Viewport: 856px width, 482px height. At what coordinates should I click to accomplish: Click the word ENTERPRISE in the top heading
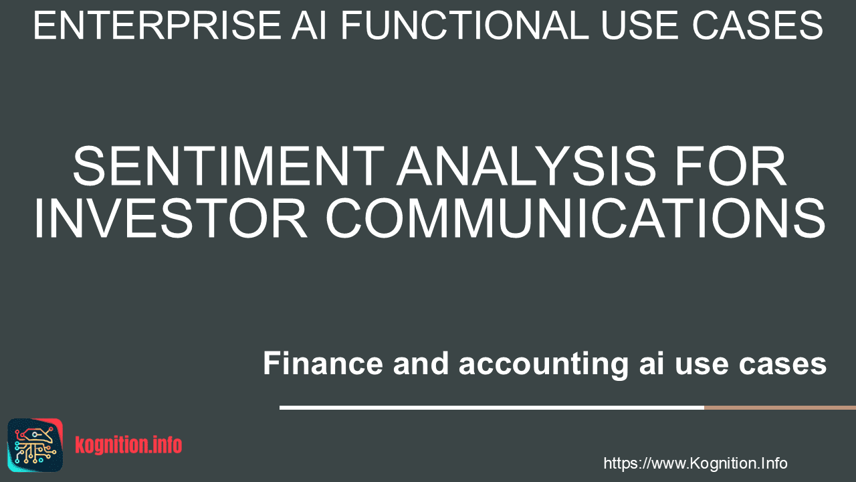[x=157, y=25]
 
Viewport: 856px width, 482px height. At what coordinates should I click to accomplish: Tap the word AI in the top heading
[x=310, y=25]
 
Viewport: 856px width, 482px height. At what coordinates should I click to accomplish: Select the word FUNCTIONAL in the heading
[x=464, y=25]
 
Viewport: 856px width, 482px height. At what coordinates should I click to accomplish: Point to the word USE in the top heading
[x=641, y=25]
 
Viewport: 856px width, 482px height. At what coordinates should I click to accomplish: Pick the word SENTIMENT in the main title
[x=229, y=166]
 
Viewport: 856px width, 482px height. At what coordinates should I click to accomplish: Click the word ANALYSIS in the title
[x=526, y=166]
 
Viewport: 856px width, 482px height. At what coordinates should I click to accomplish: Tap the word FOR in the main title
[x=730, y=166]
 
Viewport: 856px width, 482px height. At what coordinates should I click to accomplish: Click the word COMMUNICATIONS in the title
[x=576, y=218]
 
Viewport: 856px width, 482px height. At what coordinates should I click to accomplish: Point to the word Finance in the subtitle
[x=323, y=364]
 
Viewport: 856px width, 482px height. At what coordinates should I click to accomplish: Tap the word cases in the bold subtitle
[x=782, y=365]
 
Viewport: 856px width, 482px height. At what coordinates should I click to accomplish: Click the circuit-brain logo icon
[x=35, y=445]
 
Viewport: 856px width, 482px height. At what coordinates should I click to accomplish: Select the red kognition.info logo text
[x=128, y=445]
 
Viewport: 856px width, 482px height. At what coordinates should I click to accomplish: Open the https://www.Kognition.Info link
[x=695, y=463]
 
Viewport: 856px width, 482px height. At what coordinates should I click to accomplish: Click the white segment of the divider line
[x=492, y=408]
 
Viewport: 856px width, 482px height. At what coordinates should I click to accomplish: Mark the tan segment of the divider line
[x=780, y=408]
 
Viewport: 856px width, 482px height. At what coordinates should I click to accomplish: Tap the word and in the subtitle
[x=421, y=364]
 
